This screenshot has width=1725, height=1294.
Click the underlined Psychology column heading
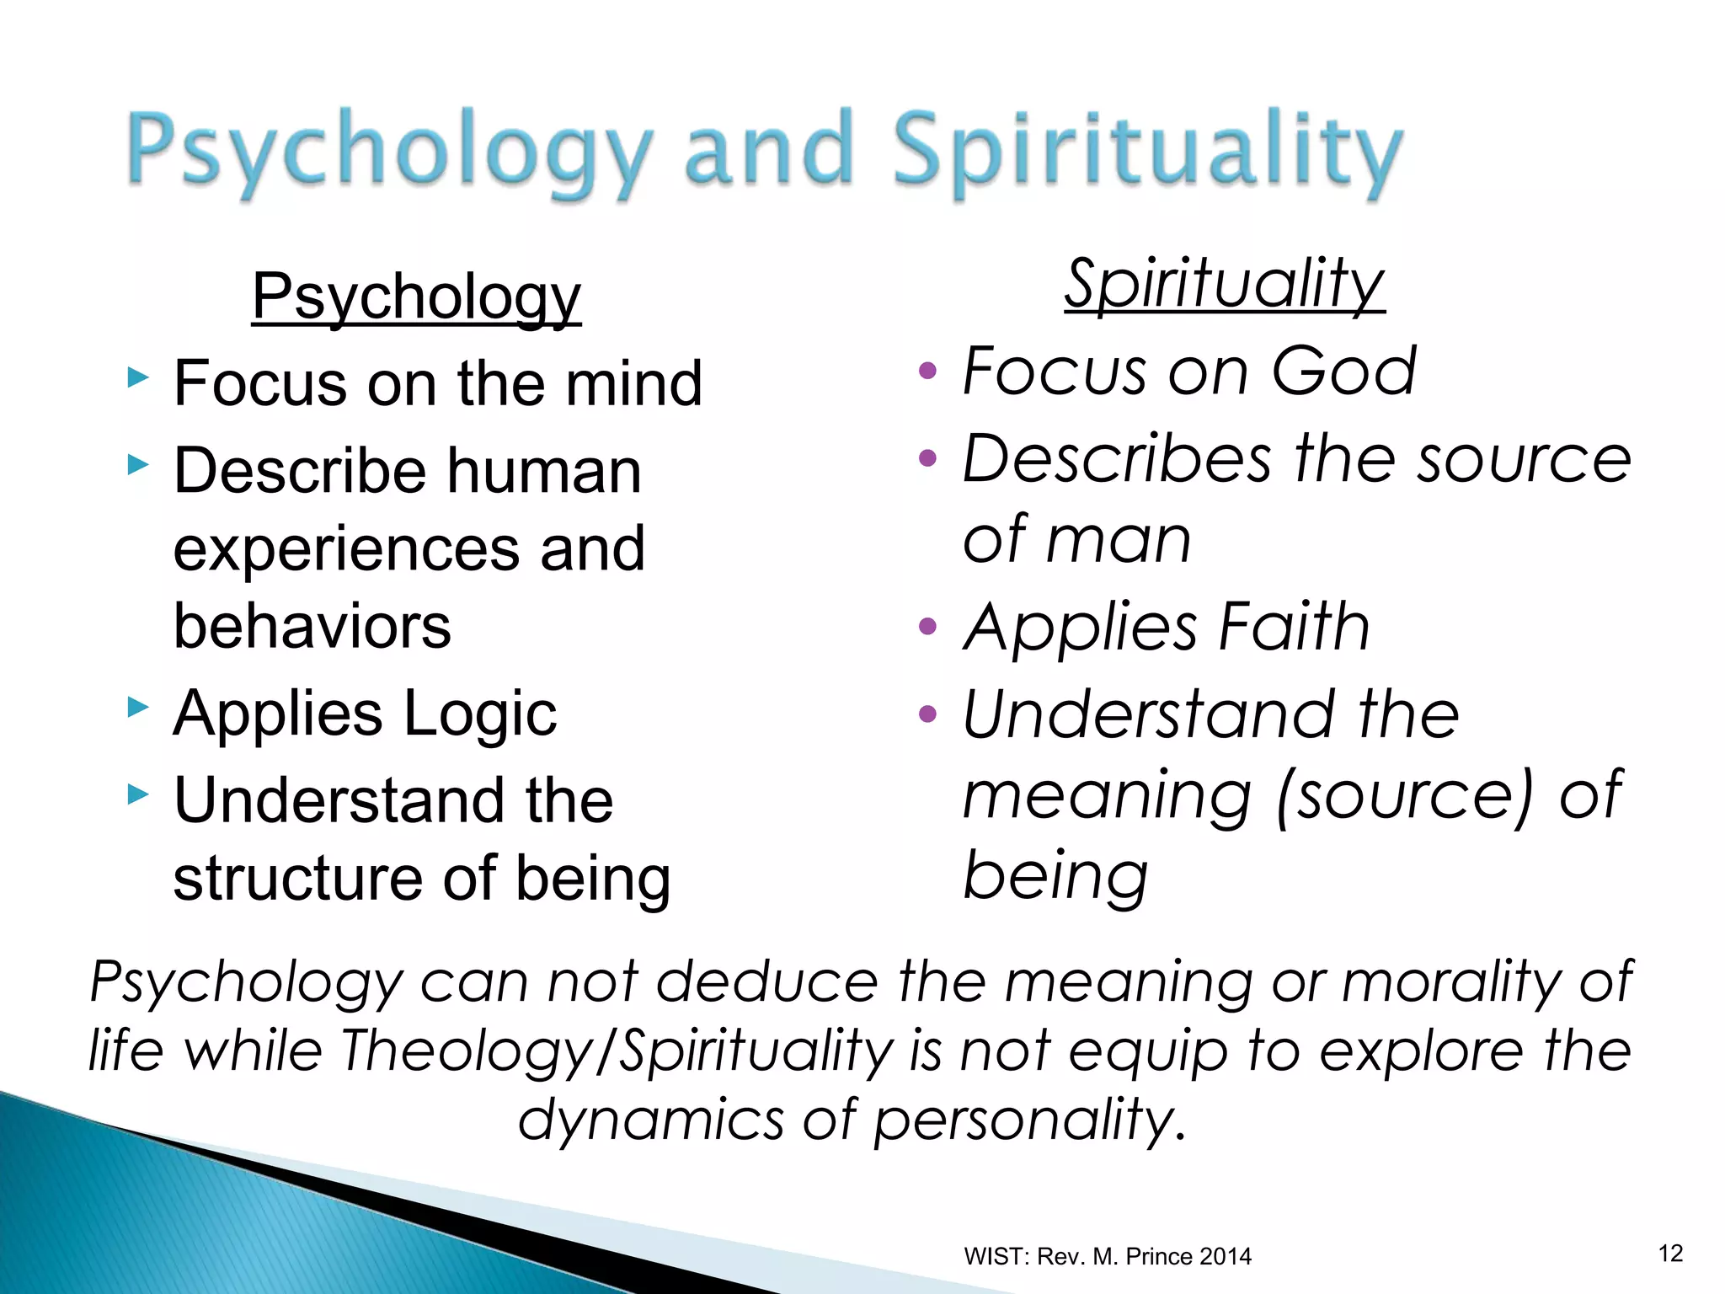pos(416,297)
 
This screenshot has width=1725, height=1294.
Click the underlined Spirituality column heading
pos(1224,284)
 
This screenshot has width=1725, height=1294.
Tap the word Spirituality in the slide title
pos(1147,152)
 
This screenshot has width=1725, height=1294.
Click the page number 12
pos(1670,1254)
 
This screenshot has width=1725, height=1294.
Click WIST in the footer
pos(996,1257)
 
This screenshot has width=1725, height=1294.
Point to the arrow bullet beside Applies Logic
pos(138,707)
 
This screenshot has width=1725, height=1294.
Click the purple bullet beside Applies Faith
pos(927,627)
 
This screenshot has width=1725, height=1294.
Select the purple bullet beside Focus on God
pos(927,371)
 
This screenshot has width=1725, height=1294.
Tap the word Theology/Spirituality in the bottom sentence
pos(617,1051)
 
